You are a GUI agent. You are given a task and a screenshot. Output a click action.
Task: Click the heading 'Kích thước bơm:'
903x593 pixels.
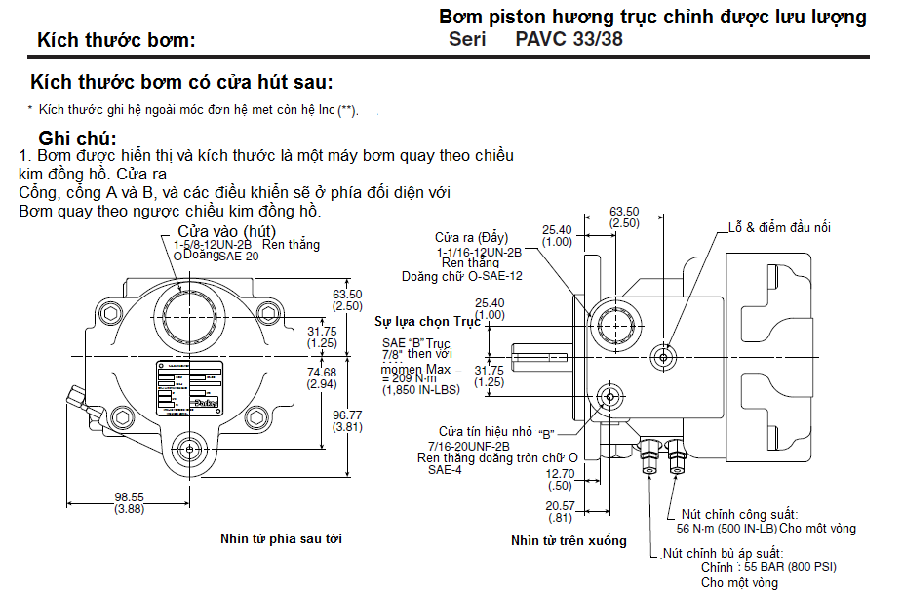click(x=115, y=40)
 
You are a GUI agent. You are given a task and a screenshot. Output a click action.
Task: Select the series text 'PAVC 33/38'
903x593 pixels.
click(x=569, y=39)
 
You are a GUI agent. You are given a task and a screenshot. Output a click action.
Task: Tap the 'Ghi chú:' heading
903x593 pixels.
click(x=77, y=138)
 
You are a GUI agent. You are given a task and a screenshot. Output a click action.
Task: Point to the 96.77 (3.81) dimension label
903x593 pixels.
click(x=347, y=420)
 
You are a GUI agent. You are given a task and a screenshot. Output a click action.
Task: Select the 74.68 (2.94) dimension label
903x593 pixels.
click(x=322, y=377)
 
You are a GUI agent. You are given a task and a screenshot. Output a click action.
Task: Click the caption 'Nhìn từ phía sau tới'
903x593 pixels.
click(x=281, y=537)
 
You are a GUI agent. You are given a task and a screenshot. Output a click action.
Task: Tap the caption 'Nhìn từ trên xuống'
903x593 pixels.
click(x=569, y=540)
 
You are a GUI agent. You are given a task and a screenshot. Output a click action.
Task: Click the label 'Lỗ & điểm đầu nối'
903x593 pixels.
click(x=779, y=227)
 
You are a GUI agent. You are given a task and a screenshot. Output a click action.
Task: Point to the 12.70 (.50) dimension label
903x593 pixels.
click(x=560, y=479)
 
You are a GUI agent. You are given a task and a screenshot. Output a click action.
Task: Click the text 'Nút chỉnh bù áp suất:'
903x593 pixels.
click(x=725, y=552)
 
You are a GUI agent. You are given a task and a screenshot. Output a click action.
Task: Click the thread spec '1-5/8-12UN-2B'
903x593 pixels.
click(x=213, y=244)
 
